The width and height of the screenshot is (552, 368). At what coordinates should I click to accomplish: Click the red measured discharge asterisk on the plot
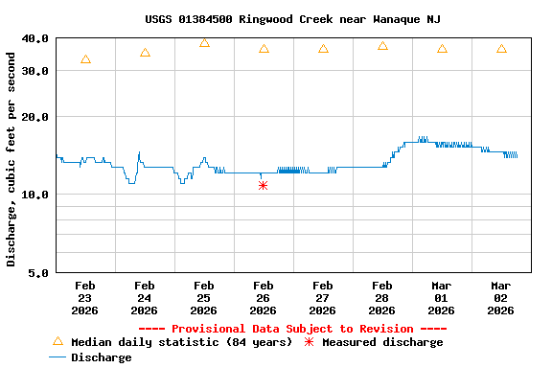point(263,185)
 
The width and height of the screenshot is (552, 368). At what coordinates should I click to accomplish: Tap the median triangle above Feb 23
point(86,59)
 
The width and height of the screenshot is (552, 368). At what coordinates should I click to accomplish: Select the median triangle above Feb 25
point(204,43)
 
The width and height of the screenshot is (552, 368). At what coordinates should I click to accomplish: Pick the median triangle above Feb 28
point(382,46)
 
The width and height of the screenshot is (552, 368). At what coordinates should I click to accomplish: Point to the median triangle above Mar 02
point(501,49)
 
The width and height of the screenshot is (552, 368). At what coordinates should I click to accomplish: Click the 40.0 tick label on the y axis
point(35,38)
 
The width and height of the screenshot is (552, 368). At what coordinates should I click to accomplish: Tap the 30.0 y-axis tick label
point(35,71)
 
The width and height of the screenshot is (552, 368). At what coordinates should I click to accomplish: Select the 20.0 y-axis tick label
point(35,117)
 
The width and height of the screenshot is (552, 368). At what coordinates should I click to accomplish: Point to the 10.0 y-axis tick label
point(35,195)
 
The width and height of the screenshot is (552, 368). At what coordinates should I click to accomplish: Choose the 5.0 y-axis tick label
point(39,273)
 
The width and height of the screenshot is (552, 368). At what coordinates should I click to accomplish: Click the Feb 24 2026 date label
point(144,298)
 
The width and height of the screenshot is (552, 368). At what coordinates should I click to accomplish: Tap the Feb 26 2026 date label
point(263,298)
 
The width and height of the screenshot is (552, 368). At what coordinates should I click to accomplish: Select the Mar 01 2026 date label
point(441,298)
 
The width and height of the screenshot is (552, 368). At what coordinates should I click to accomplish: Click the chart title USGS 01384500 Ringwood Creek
point(293,19)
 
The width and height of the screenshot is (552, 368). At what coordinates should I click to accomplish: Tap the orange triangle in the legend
point(57,341)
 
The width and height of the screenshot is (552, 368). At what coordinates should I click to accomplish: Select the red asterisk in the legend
point(309,342)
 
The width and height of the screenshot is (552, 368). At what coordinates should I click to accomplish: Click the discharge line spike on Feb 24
point(139,152)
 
